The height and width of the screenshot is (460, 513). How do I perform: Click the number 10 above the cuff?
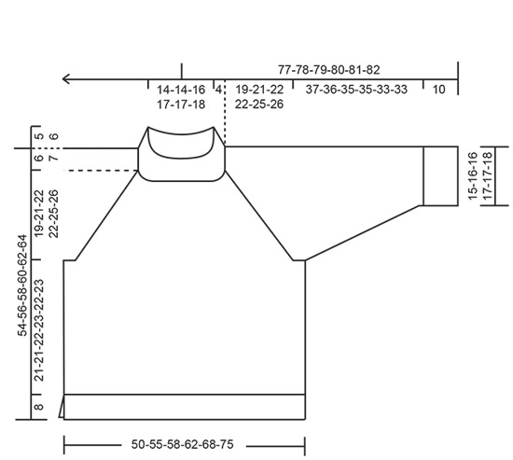tap(439, 89)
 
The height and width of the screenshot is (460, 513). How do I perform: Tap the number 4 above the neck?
tap(219, 89)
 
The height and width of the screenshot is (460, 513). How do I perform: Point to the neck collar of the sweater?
tap(183, 149)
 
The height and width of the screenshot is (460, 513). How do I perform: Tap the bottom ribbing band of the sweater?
tap(185, 407)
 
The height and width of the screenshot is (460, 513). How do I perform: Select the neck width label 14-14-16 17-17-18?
tap(182, 96)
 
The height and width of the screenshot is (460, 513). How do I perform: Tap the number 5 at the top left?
tap(39, 136)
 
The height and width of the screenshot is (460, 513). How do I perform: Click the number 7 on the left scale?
tap(53, 159)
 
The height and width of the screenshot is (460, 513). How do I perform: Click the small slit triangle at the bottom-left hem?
tap(62, 408)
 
